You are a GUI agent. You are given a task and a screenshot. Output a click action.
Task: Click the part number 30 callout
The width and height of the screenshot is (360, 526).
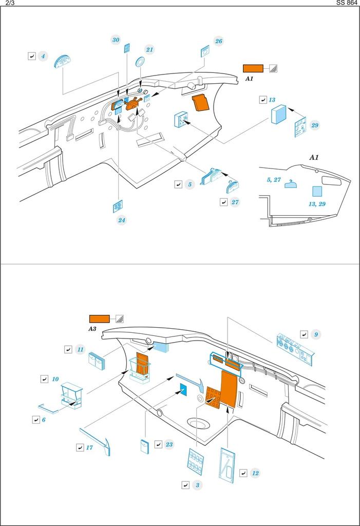pos(116,40)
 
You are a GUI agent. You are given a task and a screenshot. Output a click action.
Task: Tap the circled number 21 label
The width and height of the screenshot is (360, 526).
pos(149,50)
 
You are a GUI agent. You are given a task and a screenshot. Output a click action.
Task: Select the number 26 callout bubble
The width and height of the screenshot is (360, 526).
pos(218,41)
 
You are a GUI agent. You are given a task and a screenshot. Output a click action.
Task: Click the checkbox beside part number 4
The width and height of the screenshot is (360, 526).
pos(32,56)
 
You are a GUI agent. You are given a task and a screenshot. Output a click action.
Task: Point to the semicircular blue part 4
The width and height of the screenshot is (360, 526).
pos(63,62)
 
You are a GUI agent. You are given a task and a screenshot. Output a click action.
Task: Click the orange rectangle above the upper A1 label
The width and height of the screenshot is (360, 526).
pos(253,68)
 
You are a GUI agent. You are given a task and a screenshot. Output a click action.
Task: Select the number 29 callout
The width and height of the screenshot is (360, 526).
pos(314,125)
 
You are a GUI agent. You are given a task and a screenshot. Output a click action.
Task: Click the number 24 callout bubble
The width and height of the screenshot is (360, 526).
pos(121,220)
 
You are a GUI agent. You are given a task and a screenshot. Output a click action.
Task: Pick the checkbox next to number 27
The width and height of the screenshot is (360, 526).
pos(224,202)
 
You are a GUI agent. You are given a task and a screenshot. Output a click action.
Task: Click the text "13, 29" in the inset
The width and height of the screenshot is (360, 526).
pos(317,204)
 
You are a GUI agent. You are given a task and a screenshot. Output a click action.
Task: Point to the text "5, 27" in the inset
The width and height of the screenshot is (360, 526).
pos(274,180)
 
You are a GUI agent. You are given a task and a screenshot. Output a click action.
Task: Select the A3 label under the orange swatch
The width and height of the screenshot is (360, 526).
pos(92,329)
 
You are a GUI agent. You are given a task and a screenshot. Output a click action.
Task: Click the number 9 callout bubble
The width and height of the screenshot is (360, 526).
pos(316,334)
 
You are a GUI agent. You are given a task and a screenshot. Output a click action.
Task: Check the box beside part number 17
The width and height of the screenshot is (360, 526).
pos(80,447)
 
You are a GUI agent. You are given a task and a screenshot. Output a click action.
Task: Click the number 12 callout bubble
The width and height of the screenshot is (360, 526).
pos(255,473)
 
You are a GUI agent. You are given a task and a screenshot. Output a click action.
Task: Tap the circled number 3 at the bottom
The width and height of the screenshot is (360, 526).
pos(197,485)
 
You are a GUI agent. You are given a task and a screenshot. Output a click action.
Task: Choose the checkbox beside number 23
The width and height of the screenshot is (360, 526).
pos(158,444)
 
